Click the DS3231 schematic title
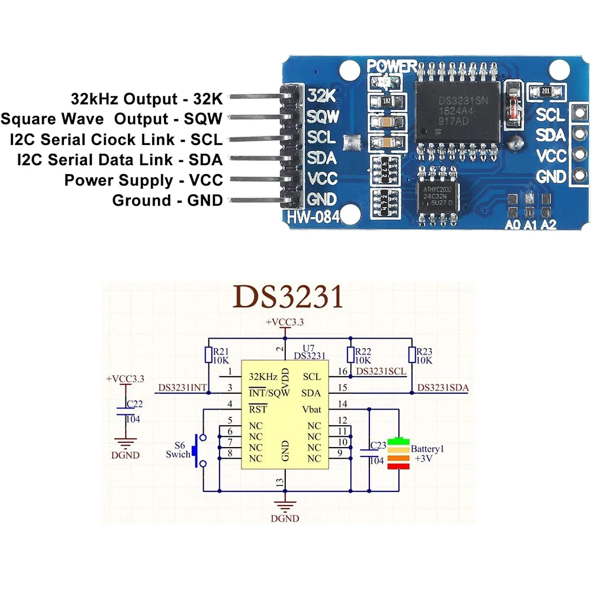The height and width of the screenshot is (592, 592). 288,297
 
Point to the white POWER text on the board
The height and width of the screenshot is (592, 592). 392,66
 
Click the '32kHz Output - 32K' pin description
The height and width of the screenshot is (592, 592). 146,98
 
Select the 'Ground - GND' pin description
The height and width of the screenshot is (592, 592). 168,201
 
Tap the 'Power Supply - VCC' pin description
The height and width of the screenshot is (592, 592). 143,180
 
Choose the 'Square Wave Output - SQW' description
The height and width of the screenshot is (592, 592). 111,119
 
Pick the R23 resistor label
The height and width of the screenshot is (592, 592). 424,350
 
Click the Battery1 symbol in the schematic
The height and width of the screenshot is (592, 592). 400,455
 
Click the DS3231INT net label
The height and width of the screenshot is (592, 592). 182,388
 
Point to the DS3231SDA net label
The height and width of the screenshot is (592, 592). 443,388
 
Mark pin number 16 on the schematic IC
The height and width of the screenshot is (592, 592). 342,371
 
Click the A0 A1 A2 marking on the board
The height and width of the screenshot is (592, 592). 531,224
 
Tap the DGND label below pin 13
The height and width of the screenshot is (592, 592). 285,518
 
